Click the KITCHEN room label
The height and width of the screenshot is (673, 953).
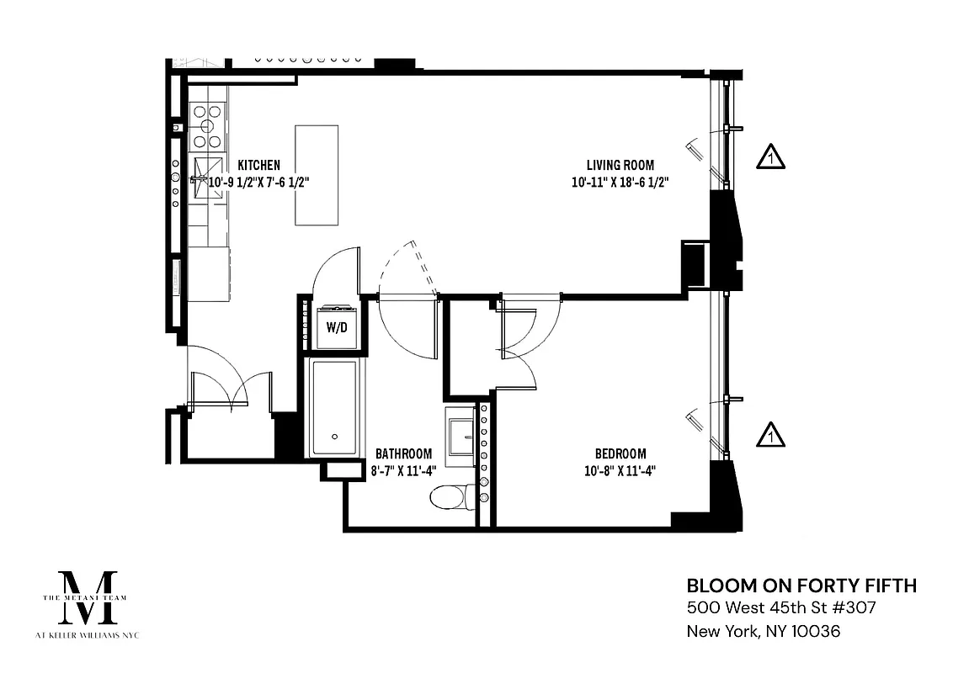click(x=258, y=166)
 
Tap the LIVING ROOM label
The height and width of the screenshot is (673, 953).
click(x=620, y=166)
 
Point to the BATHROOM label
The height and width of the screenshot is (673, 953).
click(x=403, y=453)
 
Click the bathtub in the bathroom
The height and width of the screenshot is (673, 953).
click(x=334, y=407)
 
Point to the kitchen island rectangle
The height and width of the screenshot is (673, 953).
click(x=317, y=175)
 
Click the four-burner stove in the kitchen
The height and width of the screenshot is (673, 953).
click(x=207, y=125)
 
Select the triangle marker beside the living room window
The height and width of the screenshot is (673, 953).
click(x=770, y=157)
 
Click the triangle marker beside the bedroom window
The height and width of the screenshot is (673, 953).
click(x=770, y=435)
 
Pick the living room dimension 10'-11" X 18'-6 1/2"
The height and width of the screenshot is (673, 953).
click(x=620, y=183)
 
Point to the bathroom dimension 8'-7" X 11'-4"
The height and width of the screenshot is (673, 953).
click(x=403, y=471)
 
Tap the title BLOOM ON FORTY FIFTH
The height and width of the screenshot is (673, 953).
click(x=801, y=586)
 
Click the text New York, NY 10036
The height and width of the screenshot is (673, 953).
click(x=764, y=631)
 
